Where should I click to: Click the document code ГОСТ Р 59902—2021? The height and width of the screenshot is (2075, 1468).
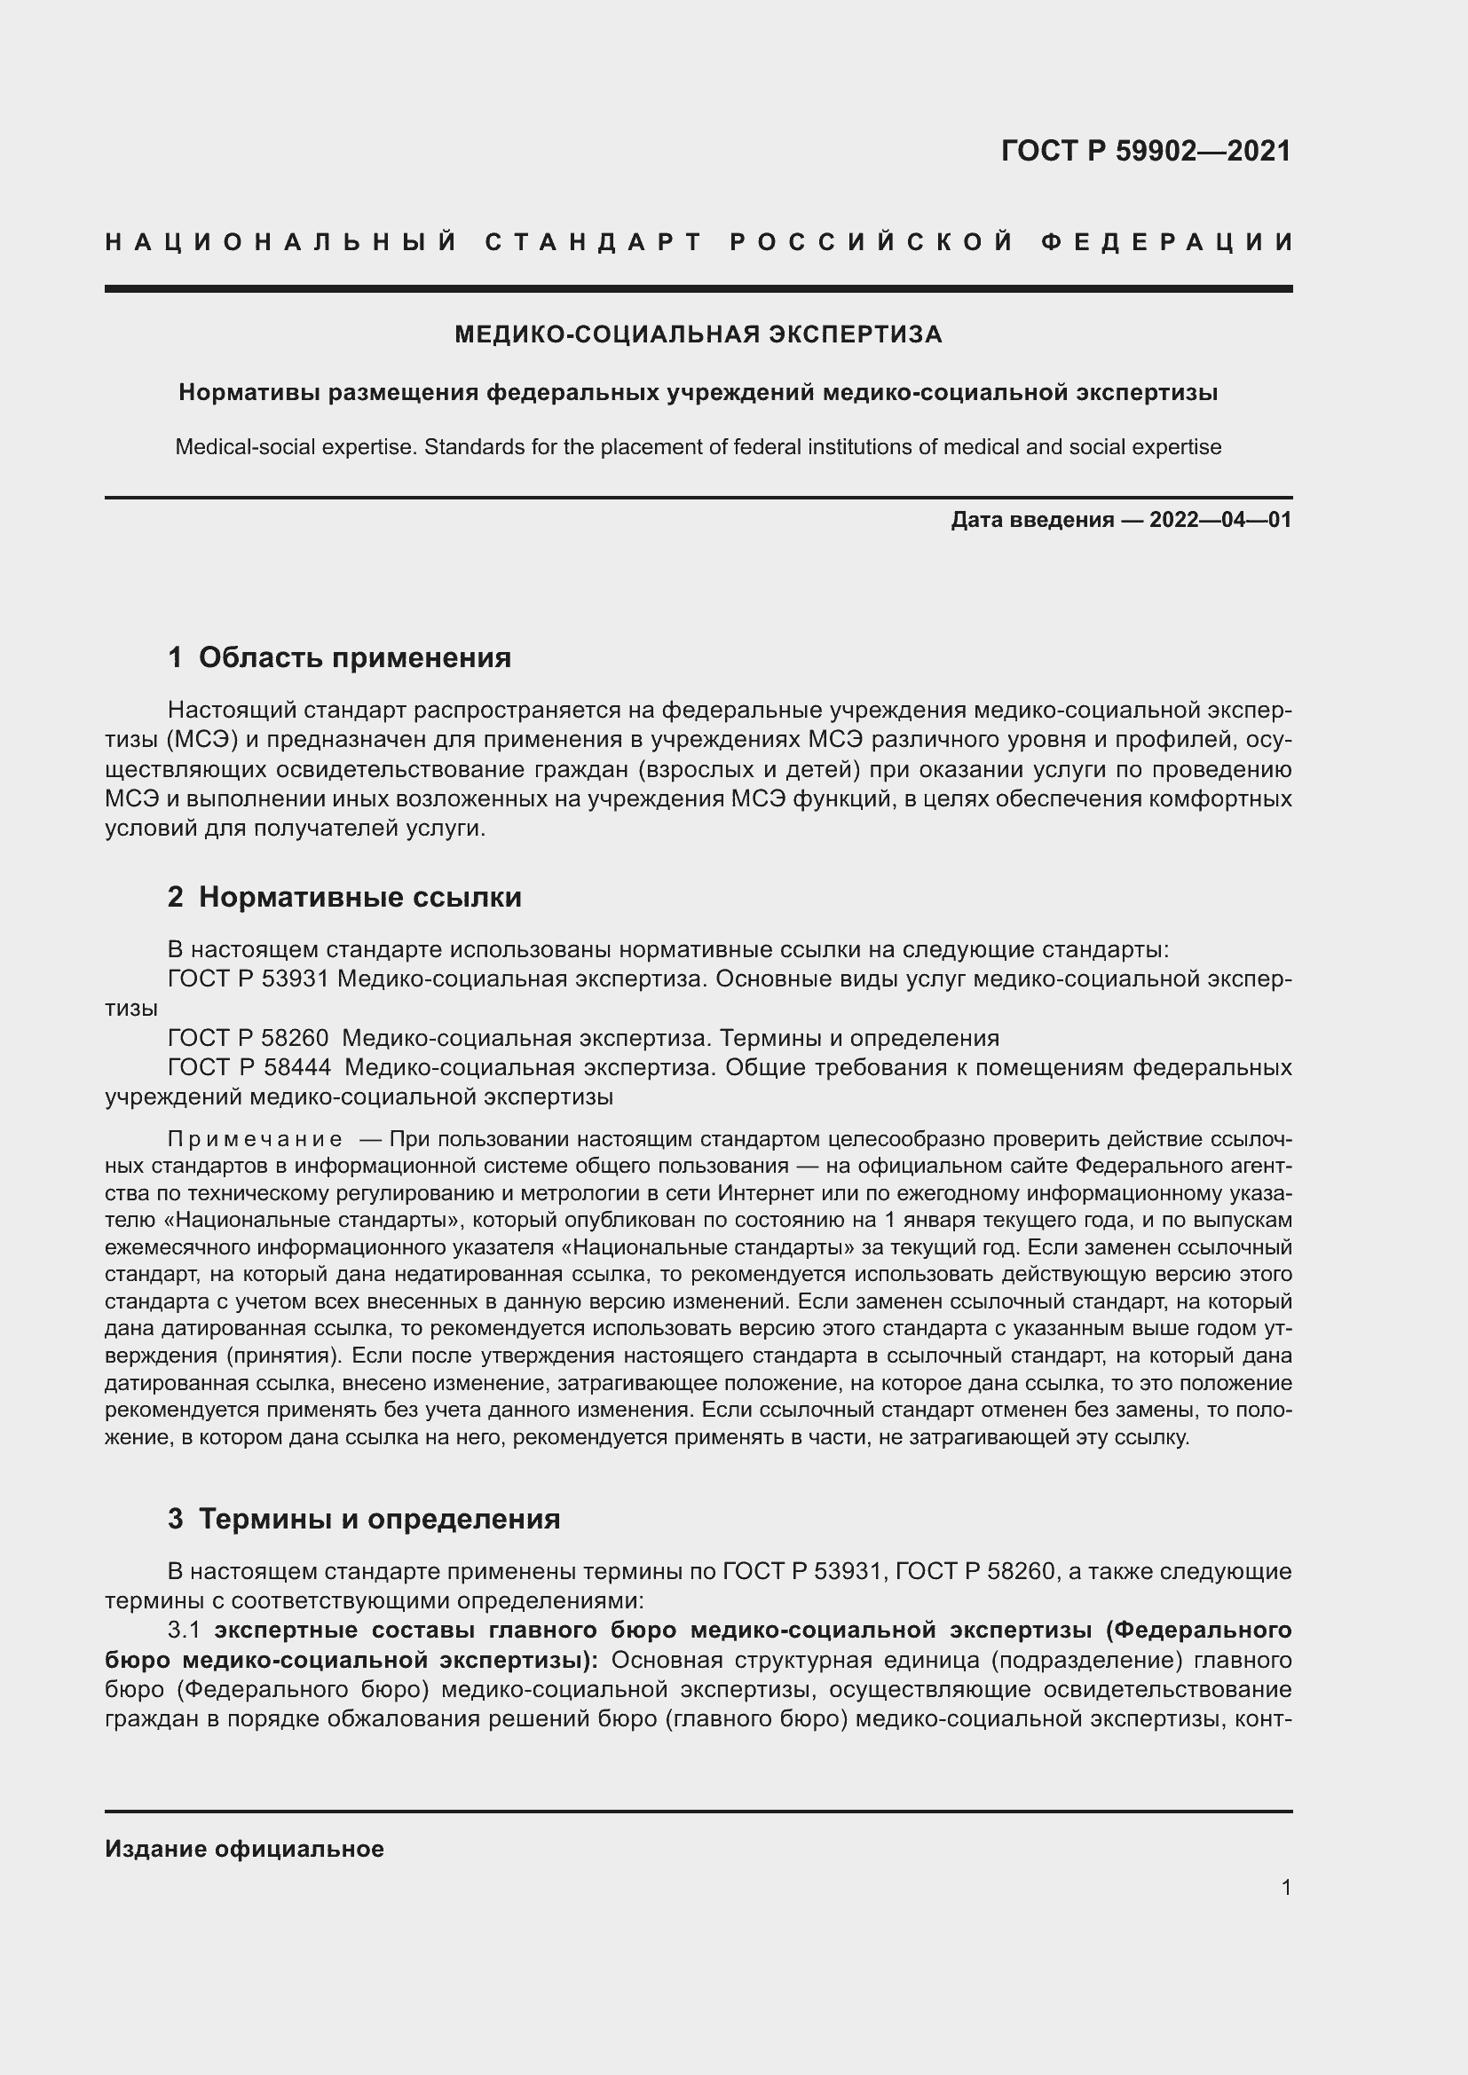1145,151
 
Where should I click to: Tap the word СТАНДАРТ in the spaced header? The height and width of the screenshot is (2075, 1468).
594,242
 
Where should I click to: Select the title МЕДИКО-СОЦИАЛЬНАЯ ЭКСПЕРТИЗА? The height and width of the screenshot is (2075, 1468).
698,335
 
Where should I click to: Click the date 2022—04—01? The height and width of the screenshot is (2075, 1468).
1220,521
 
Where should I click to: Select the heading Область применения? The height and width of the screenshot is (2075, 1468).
354,658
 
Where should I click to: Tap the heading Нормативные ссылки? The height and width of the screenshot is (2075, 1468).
359,898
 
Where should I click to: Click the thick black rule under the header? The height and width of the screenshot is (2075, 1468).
698,289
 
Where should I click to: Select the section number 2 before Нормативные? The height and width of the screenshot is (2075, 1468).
176,898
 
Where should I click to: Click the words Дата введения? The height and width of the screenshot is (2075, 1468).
1031,521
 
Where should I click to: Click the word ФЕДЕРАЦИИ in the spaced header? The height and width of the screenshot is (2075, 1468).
1167,242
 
